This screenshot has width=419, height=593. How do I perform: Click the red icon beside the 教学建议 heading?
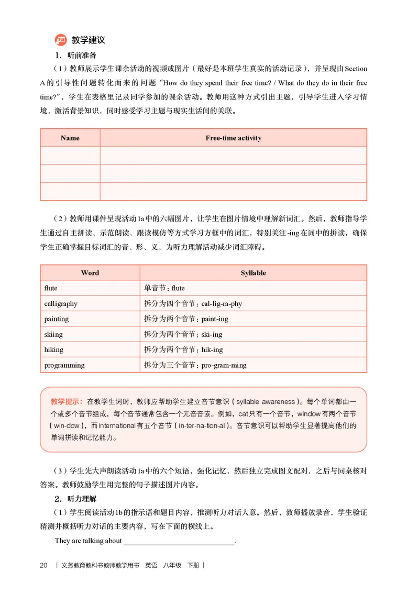[61, 40]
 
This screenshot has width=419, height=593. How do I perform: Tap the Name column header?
[70, 138]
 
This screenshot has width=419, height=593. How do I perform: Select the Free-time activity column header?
[233, 138]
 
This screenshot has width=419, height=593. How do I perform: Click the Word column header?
[90, 273]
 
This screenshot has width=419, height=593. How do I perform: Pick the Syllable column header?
[253, 273]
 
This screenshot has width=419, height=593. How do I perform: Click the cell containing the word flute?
[51, 288]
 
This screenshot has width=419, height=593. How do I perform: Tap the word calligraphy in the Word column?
[61, 303]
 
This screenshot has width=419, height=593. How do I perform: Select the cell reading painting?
[57, 319]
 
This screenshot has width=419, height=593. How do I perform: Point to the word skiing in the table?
[53, 334]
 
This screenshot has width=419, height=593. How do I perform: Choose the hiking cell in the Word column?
[54, 349]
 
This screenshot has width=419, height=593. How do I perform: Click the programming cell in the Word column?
[64, 365]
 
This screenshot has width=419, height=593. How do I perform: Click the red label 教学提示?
[67, 402]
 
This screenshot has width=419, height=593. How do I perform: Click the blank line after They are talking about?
[179, 541]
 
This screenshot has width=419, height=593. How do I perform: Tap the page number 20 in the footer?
[43, 565]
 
